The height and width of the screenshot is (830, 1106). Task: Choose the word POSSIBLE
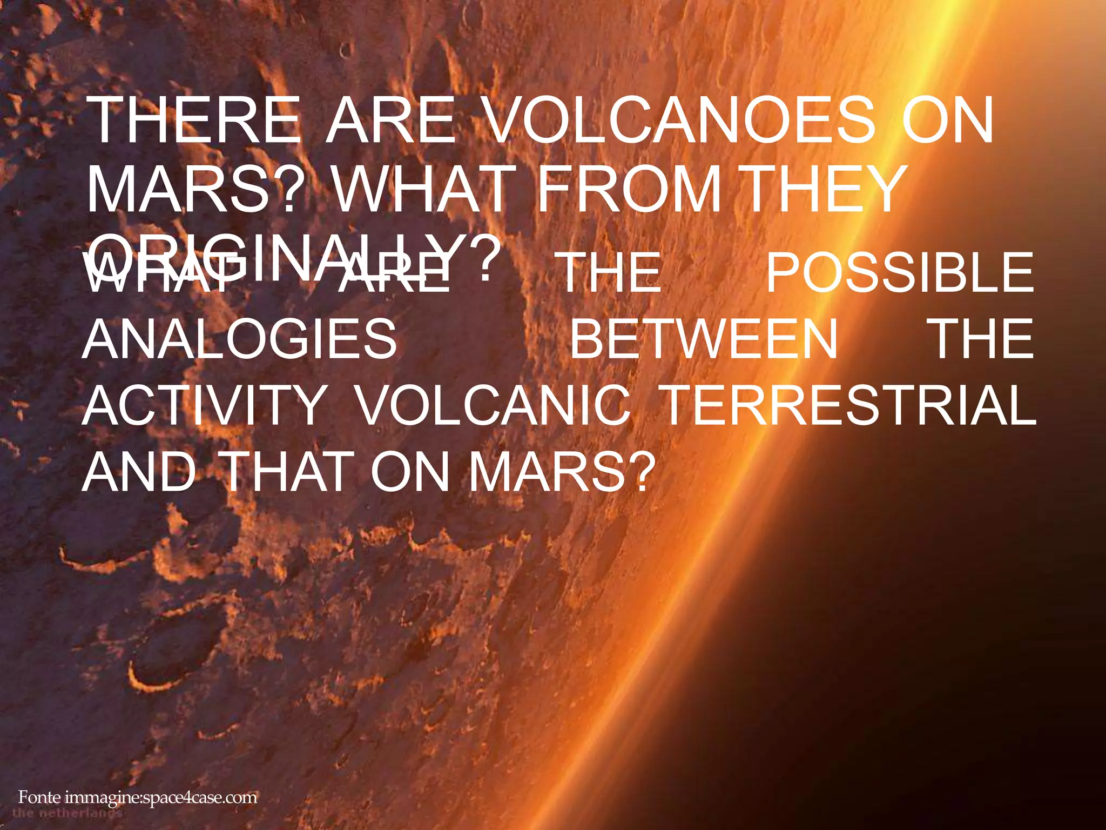click(900, 273)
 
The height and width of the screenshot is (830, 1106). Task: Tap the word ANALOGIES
click(240, 339)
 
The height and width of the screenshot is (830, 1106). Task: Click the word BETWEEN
click(704, 339)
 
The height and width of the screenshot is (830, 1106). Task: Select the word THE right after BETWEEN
click(983, 339)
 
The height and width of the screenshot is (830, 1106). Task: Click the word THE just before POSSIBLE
click(611, 273)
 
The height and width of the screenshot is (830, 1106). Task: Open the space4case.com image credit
click(138, 798)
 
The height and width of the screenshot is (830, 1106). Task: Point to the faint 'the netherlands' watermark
click(68, 813)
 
